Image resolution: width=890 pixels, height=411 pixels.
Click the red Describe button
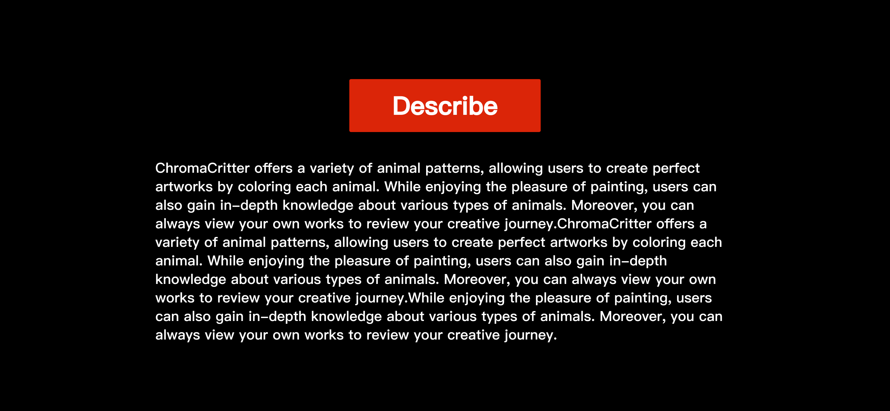point(445,105)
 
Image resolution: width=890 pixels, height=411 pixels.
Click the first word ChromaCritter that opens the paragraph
point(202,168)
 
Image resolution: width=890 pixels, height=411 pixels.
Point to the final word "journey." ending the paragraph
point(531,335)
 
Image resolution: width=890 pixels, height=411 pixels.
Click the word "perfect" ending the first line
point(676,168)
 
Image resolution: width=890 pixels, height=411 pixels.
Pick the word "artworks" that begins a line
point(184,187)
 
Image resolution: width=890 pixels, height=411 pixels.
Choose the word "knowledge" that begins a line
point(191,279)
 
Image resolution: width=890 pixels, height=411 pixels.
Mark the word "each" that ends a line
point(706,243)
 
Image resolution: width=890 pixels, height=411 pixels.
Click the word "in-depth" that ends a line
point(638,261)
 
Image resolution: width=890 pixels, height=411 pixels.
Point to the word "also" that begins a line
point(169,206)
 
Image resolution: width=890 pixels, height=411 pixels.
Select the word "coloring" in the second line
point(265,187)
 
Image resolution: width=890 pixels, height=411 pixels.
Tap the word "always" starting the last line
point(178,335)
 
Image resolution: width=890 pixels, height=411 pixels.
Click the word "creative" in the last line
point(474,335)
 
